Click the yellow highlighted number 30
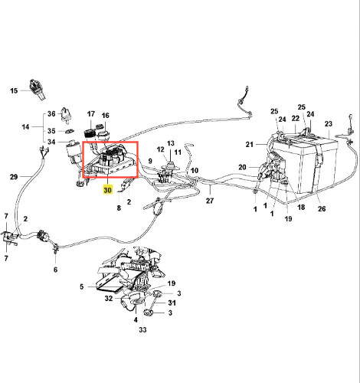tap(107, 190)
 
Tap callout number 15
tap(14, 90)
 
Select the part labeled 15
tap(38, 90)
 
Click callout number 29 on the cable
tap(14, 177)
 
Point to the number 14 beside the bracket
tap(25, 126)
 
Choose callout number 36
tap(51, 114)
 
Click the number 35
tap(51, 131)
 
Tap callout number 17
tap(91, 114)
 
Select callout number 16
tap(105, 116)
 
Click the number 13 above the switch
tap(171, 143)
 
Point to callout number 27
tap(210, 201)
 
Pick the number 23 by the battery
tap(329, 124)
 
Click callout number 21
tap(250, 145)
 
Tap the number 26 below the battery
tap(322, 208)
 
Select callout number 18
tap(301, 207)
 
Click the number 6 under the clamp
tap(55, 270)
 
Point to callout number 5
tap(81, 286)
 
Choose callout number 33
tap(142, 330)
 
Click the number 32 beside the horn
tap(109, 298)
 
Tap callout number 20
tap(242, 167)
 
